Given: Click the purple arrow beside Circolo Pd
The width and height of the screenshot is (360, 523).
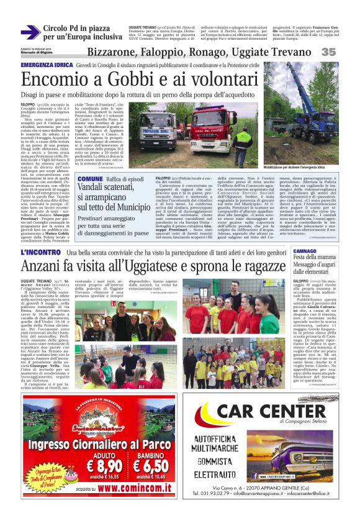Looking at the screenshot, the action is [x=32, y=33].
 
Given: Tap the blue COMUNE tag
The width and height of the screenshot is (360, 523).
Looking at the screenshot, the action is [x=90, y=178].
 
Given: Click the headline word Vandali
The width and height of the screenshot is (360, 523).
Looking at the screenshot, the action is [x=94, y=189].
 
